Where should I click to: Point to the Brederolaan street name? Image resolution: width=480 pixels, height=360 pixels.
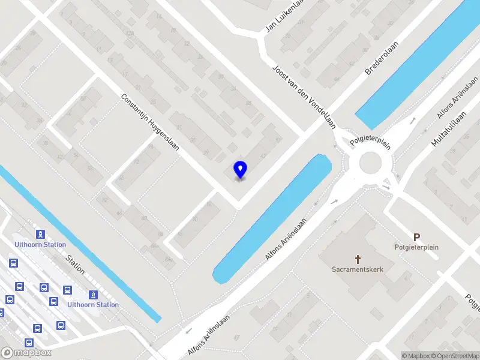382,58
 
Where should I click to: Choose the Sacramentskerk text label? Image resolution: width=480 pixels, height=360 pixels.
358,269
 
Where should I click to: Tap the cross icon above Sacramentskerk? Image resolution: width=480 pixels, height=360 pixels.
358,259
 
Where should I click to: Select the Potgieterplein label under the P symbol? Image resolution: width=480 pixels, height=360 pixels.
414,247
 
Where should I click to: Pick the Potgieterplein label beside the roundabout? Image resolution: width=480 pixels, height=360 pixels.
371,142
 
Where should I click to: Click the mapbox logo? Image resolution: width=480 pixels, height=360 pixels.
26,353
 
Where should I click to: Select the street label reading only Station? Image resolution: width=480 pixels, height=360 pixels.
76,264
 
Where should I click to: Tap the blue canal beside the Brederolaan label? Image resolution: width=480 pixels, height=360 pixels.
414,66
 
